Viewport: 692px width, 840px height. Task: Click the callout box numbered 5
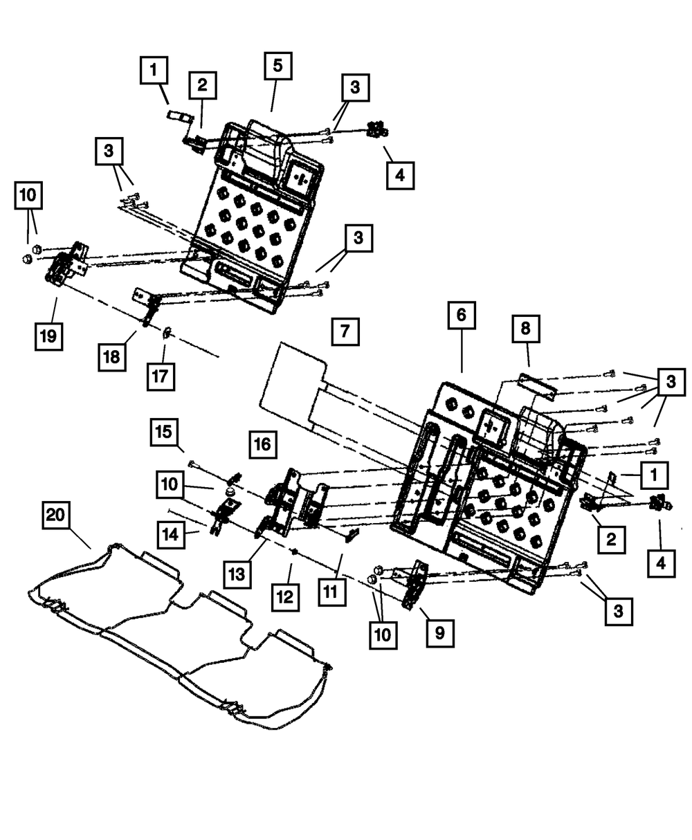[x=277, y=66]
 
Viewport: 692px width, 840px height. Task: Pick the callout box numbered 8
[x=526, y=330]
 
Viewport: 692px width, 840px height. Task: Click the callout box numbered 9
[x=441, y=632]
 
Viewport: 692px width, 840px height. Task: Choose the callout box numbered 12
[x=285, y=595]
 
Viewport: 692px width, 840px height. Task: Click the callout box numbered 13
[x=237, y=573]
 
